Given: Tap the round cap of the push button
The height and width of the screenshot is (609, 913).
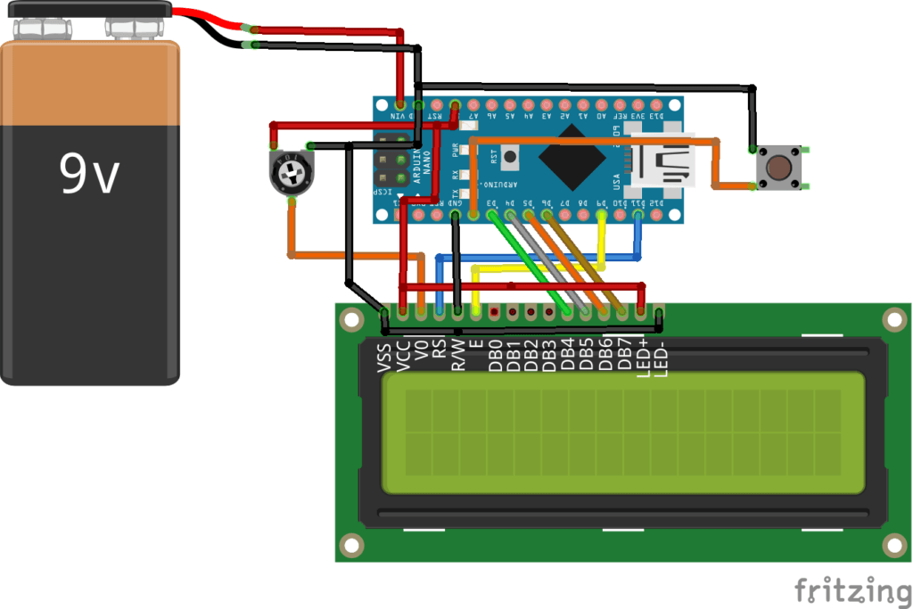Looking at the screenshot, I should click(x=780, y=167).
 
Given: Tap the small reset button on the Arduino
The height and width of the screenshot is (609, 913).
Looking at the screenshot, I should click(x=509, y=157).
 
